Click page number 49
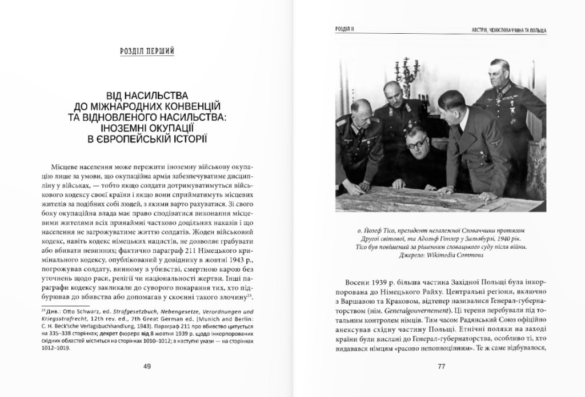coord(147,367)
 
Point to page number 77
coord(440,367)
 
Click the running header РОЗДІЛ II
coord(346,29)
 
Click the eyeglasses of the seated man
coord(415,145)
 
